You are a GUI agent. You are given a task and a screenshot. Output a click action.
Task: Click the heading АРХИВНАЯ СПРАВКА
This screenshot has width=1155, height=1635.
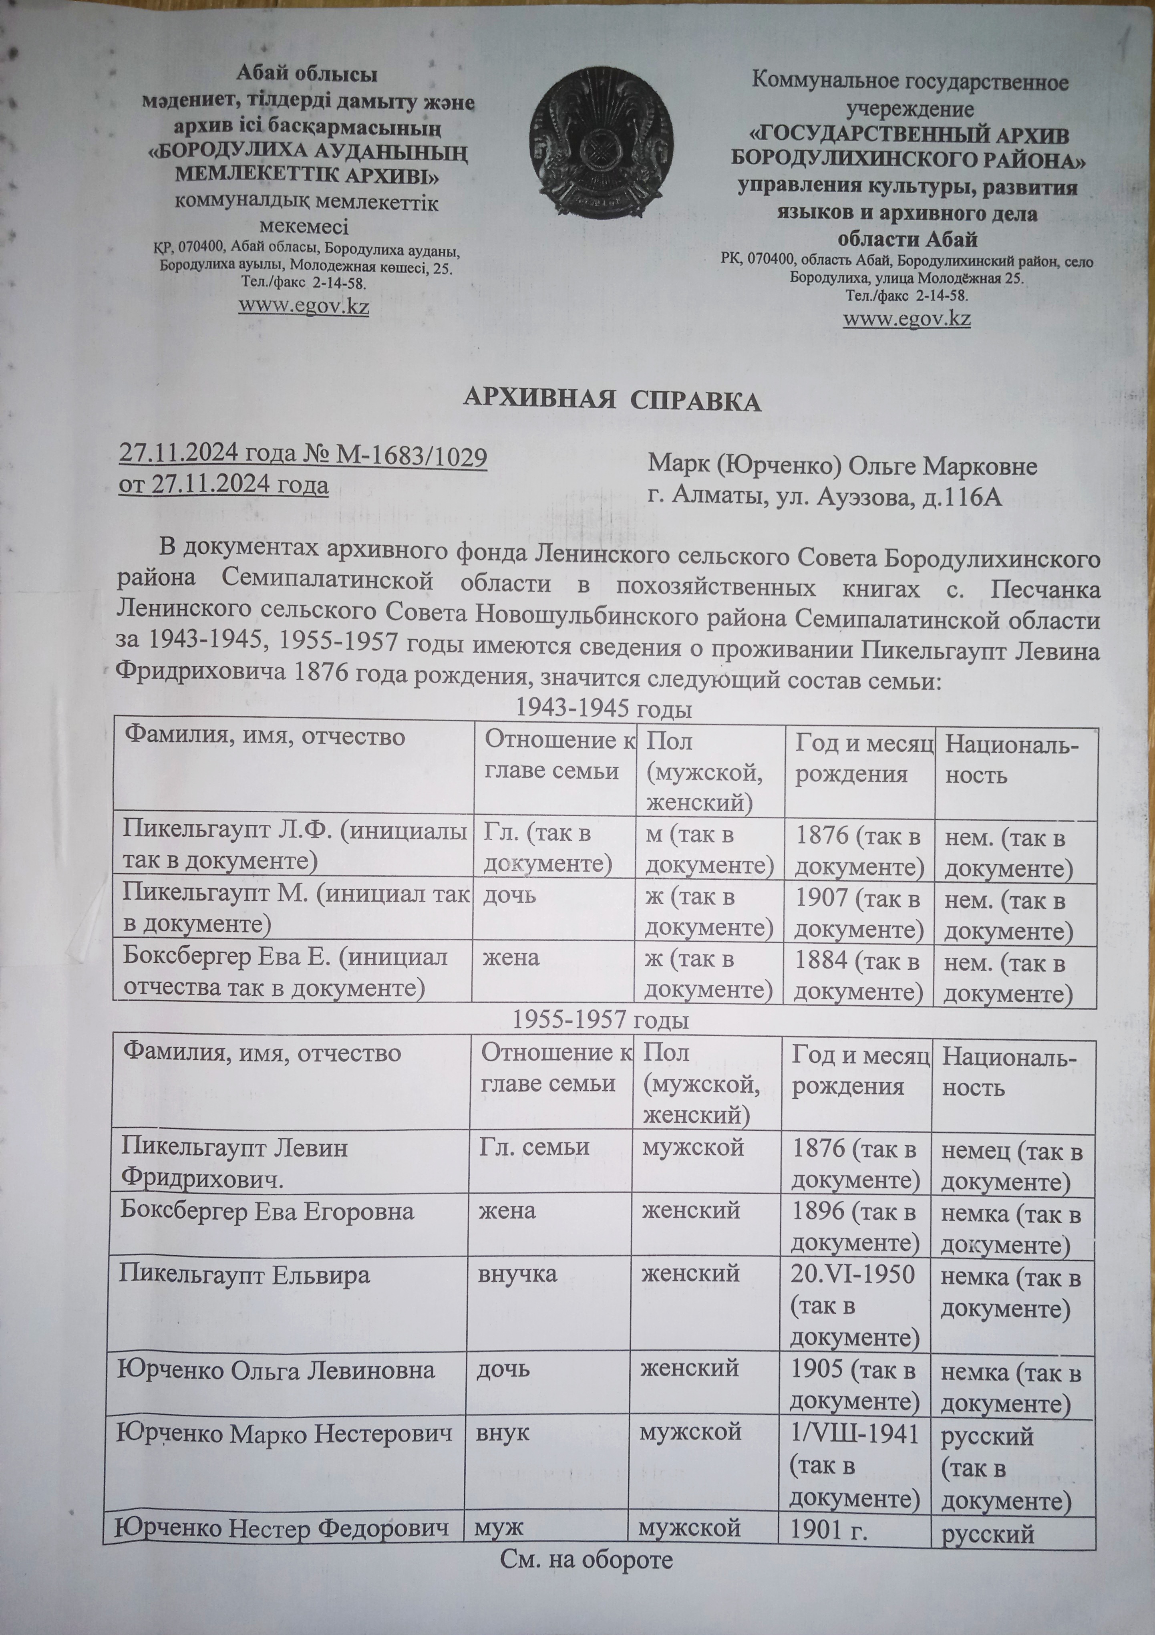[x=612, y=401]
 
